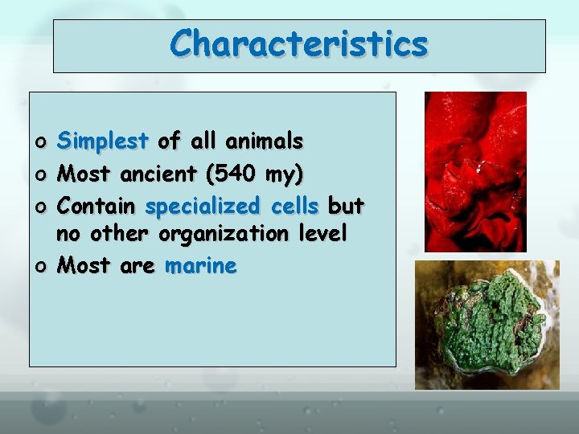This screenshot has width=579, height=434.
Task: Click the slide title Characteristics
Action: (x=298, y=43)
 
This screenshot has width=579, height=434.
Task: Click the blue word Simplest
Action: (x=105, y=143)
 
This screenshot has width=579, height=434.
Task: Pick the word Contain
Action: (x=97, y=206)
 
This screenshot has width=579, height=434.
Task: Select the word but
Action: (x=347, y=206)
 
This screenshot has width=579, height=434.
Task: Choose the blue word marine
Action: (x=200, y=265)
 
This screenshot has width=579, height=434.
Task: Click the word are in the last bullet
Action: (x=137, y=266)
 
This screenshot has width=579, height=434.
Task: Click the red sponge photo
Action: (x=475, y=171)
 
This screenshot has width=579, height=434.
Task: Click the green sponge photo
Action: (x=486, y=325)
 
